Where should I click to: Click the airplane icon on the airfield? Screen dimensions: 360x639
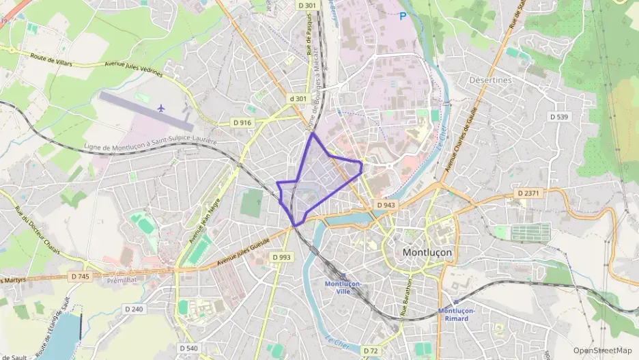pyautogui.click(x=161, y=108)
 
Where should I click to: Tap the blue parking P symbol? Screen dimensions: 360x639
pyautogui.click(x=403, y=16)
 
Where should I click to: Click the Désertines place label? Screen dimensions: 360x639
pyautogui.click(x=490, y=80)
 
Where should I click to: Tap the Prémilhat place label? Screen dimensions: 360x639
pyautogui.click(x=123, y=280)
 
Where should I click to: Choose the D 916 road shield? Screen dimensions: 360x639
pyautogui.click(x=242, y=122)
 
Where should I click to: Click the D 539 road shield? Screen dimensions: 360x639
pyautogui.click(x=560, y=117)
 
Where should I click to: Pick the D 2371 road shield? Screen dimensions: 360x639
pyautogui.click(x=528, y=193)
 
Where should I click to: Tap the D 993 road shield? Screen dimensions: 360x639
pyautogui.click(x=281, y=257)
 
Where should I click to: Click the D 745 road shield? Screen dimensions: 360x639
pyautogui.click(x=80, y=276)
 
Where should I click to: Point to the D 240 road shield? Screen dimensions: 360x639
pyautogui.click(x=134, y=309)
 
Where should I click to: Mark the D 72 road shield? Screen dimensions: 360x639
pyautogui.click(x=371, y=351)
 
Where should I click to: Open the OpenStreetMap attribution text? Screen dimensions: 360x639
pyautogui.click(x=603, y=350)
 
